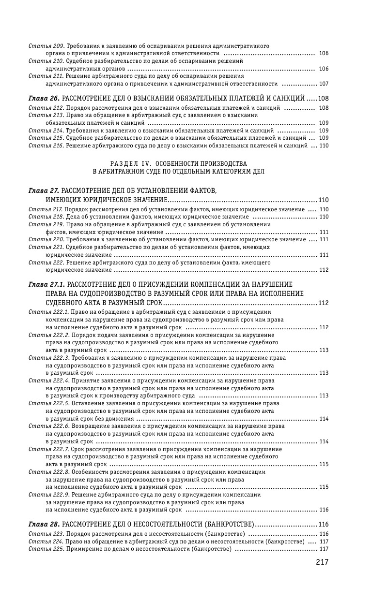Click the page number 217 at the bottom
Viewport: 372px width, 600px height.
click(322, 562)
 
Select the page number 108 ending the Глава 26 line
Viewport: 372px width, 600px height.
click(323, 98)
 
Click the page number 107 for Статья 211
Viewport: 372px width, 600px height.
click(324, 83)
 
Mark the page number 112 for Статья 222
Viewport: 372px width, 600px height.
click(324, 270)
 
